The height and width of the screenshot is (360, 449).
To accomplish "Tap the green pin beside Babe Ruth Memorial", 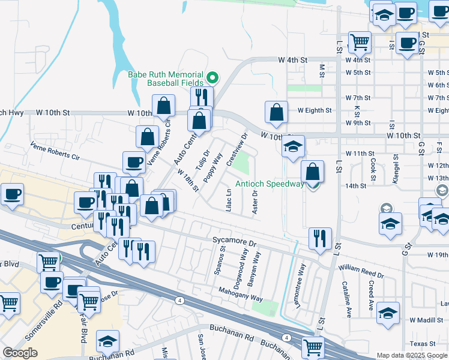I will (212, 77).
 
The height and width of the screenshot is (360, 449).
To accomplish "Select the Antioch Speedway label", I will (269, 184).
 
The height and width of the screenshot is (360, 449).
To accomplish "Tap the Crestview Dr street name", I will (235, 150).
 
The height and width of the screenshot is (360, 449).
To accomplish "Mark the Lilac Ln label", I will (228, 200).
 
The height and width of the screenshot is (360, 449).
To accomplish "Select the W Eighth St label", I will (315, 110).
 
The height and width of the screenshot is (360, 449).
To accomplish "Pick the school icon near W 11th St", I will (293, 146).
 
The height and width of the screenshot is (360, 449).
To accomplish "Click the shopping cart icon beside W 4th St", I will (360, 41).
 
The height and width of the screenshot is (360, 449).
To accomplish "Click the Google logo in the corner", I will (20, 353).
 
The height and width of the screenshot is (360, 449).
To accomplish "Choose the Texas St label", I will (423, 344).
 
